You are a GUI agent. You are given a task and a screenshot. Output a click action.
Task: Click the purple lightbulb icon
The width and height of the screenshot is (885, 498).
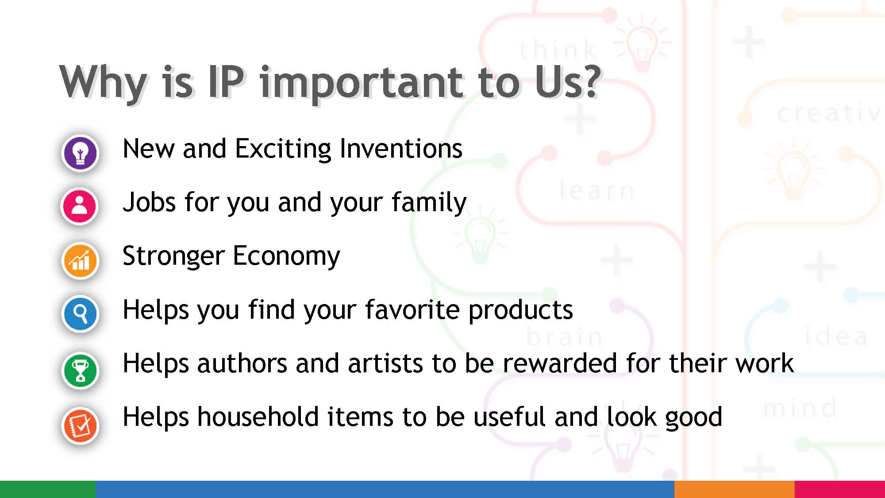(x=80, y=153)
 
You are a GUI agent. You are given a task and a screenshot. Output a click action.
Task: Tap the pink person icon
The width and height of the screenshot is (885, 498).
(x=80, y=206)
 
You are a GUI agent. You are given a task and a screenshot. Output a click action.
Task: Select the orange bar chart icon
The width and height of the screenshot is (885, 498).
(x=80, y=261)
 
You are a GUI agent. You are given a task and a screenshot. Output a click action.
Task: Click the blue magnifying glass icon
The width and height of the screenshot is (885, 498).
(x=80, y=314)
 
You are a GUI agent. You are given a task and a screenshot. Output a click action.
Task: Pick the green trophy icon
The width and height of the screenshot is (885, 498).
(x=80, y=371)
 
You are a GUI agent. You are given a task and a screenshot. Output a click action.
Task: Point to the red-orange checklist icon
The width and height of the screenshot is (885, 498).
(x=80, y=425)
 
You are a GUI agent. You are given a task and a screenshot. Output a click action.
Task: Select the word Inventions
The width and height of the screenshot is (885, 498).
(x=401, y=149)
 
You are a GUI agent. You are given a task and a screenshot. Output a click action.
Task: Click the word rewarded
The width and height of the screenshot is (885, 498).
(x=559, y=363)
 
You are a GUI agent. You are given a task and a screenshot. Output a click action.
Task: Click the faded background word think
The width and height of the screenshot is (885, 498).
(x=558, y=50)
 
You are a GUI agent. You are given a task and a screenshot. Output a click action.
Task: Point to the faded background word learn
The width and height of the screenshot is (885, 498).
(x=596, y=190)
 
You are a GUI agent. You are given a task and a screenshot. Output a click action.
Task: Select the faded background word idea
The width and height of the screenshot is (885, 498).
(x=836, y=336)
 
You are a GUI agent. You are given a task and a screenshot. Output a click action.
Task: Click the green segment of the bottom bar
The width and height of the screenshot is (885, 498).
(x=47, y=489)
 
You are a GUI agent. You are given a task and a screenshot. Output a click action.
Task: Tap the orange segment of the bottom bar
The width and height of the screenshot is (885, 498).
(x=734, y=489)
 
